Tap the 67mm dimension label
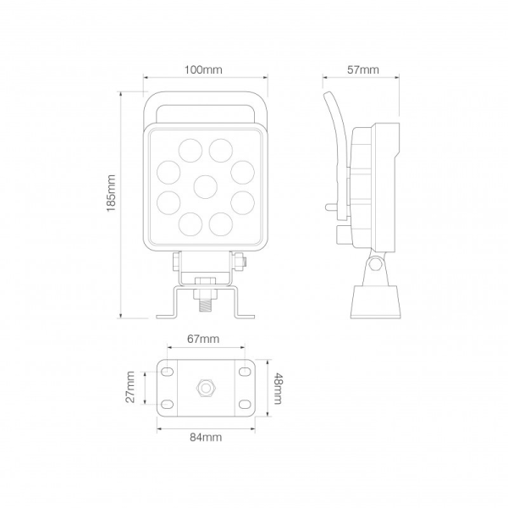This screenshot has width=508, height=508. point(203,339)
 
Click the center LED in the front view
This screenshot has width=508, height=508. point(206,185)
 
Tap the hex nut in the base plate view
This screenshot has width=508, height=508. point(205,388)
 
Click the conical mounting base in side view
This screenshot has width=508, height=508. point(373,301)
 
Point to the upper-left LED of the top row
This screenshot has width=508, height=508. point(188,150)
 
